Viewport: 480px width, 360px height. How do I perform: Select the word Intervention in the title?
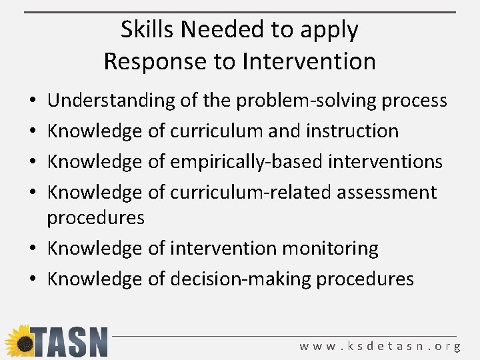pos(309,61)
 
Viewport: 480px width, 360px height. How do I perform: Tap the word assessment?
pos(387,192)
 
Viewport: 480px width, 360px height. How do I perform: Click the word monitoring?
pos(330,249)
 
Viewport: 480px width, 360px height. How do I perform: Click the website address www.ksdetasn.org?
pos(380,346)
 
